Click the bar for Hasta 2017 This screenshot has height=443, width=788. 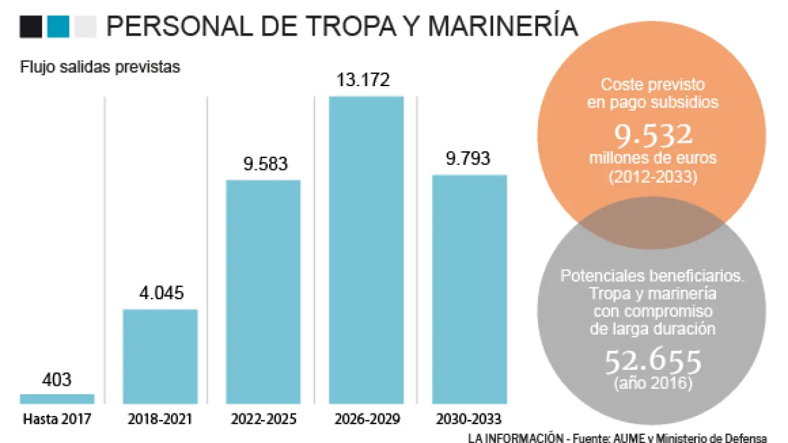57,399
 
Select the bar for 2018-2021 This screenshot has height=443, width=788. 160,356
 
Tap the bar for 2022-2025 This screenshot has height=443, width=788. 263,292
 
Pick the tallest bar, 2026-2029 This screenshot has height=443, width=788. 366,250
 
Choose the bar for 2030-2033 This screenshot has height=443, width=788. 469,289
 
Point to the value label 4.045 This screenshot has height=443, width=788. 160,293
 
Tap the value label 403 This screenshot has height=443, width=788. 57,379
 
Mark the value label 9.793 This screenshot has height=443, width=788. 469,159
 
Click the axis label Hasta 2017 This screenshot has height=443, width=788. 57,420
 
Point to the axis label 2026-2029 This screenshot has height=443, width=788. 366,420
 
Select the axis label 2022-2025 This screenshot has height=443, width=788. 263,420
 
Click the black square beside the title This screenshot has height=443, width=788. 31,26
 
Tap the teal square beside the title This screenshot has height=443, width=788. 58,26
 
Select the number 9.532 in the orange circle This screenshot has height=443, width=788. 653,134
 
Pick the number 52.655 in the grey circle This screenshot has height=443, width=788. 653,362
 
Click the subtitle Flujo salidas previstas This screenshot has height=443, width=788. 100,67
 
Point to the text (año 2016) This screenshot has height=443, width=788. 653,383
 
